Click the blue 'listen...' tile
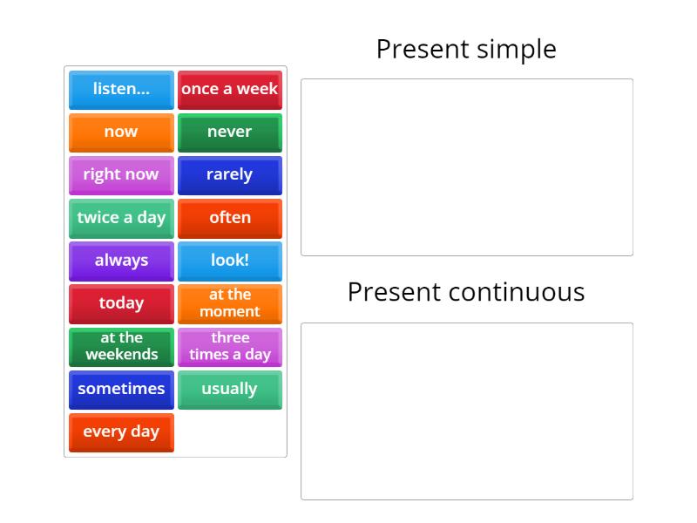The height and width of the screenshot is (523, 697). [x=121, y=90]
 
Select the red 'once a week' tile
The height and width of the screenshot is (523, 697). [x=230, y=90]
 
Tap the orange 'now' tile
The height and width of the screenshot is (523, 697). [x=121, y=132]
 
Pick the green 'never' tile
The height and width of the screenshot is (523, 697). [x=230, y=132]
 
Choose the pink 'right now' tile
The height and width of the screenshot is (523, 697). [x=121, y=175]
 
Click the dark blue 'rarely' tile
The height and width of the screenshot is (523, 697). [x=230, y=175]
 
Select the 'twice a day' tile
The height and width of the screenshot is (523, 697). [x=121, y=218]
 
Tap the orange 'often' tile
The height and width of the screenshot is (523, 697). [x=230, y=218]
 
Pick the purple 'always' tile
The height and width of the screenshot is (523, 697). [x=121, y=261]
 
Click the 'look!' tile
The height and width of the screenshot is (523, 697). [x=230, y=261]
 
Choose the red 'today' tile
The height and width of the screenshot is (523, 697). [x=121, y=303]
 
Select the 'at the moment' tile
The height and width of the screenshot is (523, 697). [x=230, y=303]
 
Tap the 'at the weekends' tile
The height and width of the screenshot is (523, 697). [x=121, y=347]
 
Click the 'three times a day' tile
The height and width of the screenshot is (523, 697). [x=230, y=347]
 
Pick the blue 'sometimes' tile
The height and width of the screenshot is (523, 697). [x=121, y=390]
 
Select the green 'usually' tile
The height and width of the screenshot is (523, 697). [x=230, y=390]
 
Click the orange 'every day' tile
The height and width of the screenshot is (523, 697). [x=121, y=432]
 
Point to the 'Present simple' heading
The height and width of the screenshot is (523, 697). [x=466, y=50]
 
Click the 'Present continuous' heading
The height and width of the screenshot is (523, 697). [x=466, y=292]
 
